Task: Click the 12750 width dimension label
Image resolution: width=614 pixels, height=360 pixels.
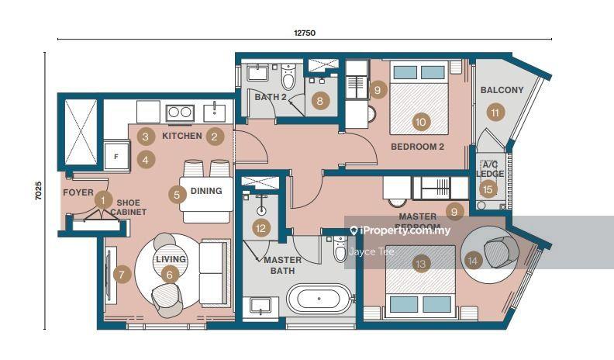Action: tap(304, 33)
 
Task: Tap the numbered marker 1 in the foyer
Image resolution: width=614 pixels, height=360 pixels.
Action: tap(102, 199)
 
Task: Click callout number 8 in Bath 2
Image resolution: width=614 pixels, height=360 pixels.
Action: tap(319, 100)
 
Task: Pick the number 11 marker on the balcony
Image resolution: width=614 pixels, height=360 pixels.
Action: tap(495, 112)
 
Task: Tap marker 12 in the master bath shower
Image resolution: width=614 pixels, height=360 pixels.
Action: tap(262, 228)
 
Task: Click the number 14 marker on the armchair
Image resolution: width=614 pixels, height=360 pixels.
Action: tap(474, 261)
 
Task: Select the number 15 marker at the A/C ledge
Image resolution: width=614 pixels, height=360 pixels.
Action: tap(487, 189)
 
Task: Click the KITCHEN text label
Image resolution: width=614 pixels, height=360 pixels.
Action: tap(181, 137)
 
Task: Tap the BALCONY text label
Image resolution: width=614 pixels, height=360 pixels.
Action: tap(502, 90)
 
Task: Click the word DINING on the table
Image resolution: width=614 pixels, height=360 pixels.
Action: tap(205, 191)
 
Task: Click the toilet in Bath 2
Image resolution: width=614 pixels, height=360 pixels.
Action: tap(288, 78)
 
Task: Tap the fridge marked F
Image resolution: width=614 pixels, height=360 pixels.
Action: tap(116, 155)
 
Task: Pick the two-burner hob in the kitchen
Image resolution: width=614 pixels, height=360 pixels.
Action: tap(180, 112)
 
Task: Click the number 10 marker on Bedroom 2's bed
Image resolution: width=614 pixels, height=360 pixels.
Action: tap(421, 122)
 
